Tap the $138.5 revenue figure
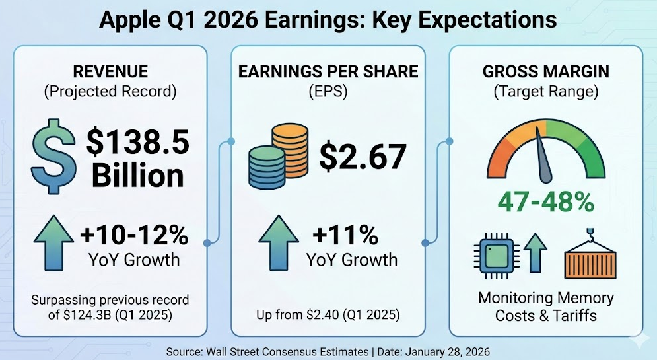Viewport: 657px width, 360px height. pos(138,141)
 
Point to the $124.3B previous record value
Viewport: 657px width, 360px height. pos(81,316)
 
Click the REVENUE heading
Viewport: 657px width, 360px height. pos(110,71)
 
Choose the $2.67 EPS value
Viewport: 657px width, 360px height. pos(363,157)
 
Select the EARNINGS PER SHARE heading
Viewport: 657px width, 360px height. pos(329,71)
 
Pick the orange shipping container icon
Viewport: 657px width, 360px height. pos(590,259)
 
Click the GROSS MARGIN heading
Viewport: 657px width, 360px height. pos(545,71)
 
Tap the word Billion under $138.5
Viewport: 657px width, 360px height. pos(137,176)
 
